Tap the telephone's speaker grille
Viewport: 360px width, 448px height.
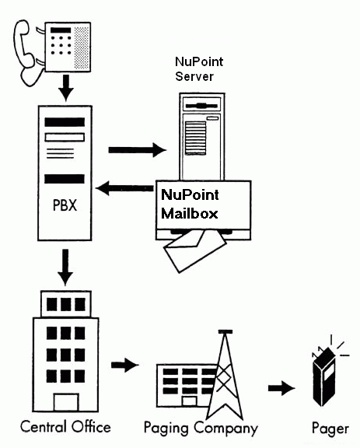point(82,47)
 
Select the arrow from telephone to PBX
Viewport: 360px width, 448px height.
point(66,88)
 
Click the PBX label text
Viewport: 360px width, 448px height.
point(65,205)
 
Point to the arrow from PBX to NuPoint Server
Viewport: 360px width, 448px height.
point(138,149)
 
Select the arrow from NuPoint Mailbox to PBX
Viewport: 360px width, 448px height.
point(124,188)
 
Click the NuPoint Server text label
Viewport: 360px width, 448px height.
point(199,69)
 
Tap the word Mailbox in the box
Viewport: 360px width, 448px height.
point(190,213)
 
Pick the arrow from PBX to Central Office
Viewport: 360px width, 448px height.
point(65,267)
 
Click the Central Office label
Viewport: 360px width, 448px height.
point(65,427)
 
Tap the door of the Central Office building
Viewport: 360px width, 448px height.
point(66,402)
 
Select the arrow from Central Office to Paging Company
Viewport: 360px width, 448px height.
point(125,365)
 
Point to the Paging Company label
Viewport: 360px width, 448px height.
point(201,429)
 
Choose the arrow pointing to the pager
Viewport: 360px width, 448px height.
point(281,388)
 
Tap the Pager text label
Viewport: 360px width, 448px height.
point(330,429)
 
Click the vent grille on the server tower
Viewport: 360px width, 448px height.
point(195,138)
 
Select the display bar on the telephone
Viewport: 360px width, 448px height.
point(61,30)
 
